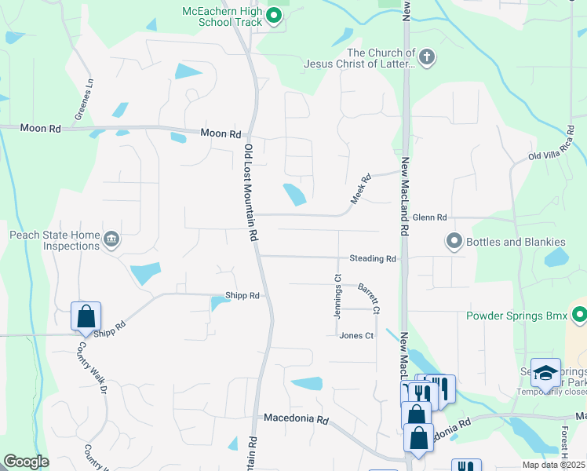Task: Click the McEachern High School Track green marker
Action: point(273,14)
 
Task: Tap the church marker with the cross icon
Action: point(426,57)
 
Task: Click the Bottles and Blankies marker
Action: point(453,241)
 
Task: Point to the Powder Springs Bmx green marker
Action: point(579,316)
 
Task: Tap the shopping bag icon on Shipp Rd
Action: point(86,317)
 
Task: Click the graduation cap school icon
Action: point(545,373)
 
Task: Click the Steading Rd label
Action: point(373,258)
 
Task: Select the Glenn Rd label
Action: point(429,217)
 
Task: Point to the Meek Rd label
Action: point(359,190)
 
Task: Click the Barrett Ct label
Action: point(369,299)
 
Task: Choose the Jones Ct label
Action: point(356,335)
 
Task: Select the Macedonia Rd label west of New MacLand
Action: point(296,419)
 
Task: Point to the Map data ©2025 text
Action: point(553,465)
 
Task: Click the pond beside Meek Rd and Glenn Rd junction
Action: point(294,194)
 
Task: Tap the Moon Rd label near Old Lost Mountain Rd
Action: point(220,133)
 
